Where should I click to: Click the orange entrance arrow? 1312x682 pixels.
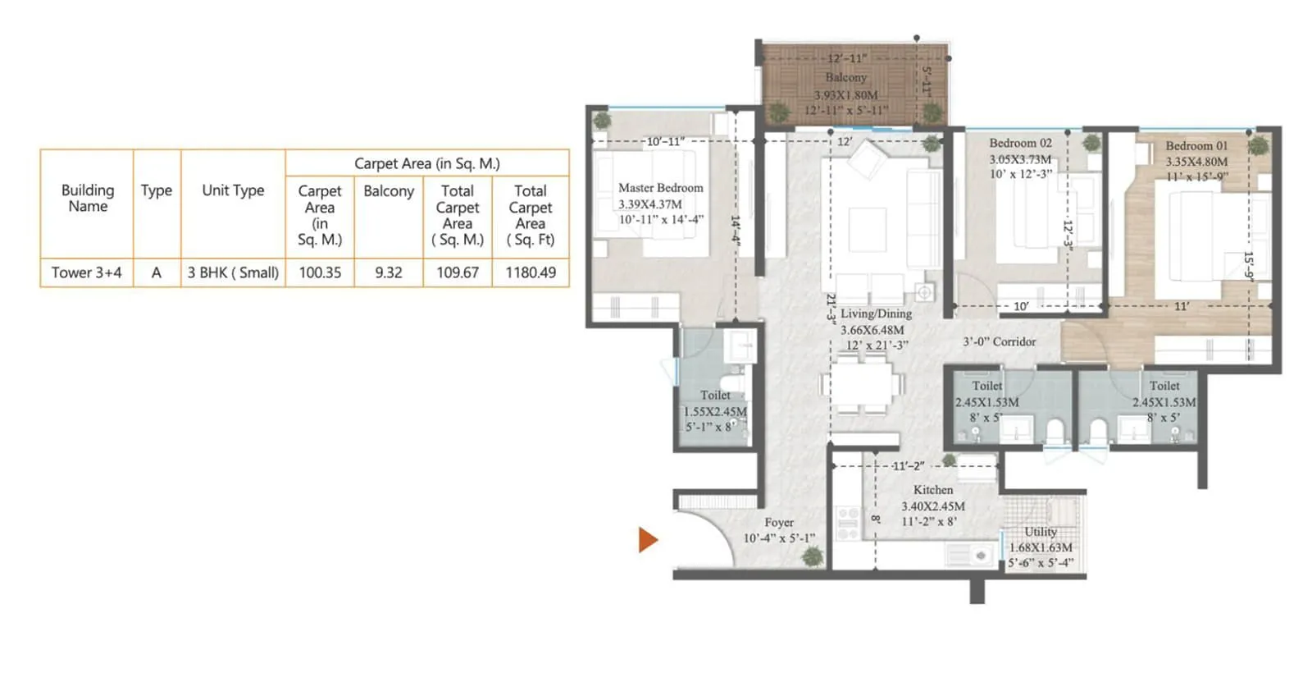(648, 539)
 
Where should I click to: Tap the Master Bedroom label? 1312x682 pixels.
(660, 188)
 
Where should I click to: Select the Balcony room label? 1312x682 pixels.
(845, 77)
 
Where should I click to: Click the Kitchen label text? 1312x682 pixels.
(933, 490)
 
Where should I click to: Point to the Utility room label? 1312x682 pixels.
(1040, 532)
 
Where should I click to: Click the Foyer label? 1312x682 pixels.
(779, 523)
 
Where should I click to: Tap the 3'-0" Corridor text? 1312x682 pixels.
(999, 341)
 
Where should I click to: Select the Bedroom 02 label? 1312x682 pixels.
(1020, 143)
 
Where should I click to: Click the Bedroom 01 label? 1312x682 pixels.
(1196, 146)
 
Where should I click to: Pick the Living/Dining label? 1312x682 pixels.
(876, 314)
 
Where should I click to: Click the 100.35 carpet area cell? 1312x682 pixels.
(320, 272)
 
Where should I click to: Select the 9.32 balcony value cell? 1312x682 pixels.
(389, 272)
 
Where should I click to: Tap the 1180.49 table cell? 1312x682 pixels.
(531, 272)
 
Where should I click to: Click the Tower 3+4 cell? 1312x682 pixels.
(86, 272)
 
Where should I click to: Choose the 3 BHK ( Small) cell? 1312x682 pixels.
(233, 272)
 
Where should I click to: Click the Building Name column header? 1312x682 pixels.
(88, 198)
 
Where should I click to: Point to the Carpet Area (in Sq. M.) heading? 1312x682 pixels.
(426, 163)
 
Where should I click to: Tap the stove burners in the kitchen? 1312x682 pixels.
(848, 523)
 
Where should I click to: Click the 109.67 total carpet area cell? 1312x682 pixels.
(458, 272)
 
